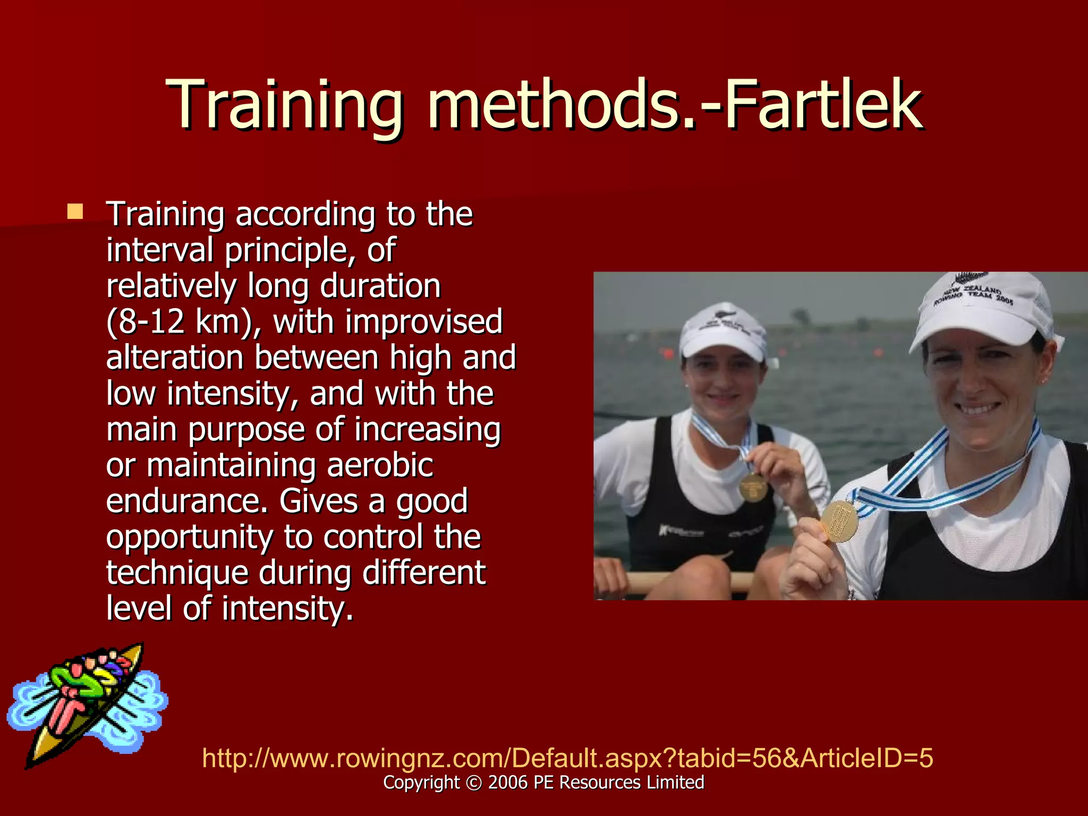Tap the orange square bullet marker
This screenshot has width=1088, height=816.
point(75,212)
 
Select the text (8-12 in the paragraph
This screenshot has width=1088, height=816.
point(145,322)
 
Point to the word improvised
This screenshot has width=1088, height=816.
point(423,322)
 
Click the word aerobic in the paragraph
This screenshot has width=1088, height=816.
point(380,465)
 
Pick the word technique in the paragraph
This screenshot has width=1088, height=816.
point(177,573)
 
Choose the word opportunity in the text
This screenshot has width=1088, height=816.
point(189,537)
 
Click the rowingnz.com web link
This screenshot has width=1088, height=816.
point(567,758)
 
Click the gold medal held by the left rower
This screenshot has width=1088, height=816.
point(753,487)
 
